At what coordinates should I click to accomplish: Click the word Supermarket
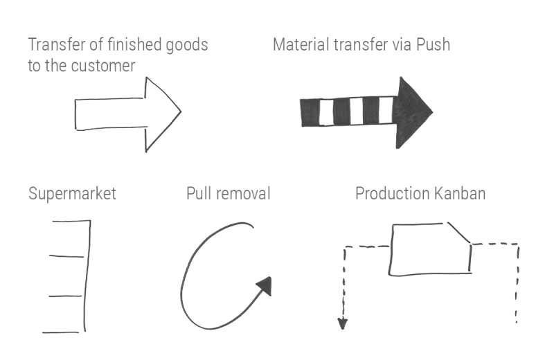[x=72, y=193]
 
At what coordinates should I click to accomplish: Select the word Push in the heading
[x=433, y=45]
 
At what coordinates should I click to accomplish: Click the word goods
[x=186, y=45]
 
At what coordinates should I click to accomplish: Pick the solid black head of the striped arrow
[x=411, y=111]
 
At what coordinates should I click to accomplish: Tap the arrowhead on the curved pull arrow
[x=264, y=285]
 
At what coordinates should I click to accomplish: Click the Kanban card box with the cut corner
[x=429, y=249]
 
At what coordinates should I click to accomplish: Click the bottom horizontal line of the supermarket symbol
[x=64, y=331]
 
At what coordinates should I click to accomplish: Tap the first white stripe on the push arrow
[x=325, y=111]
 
